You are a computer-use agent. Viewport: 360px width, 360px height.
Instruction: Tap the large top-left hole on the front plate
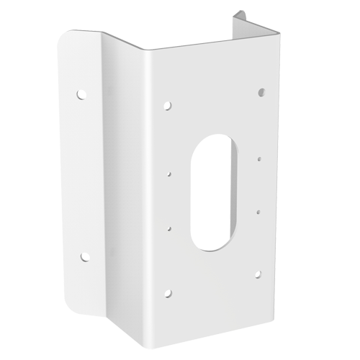(168, 104)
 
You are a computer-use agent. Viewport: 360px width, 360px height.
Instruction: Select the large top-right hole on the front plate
(260, 92)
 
